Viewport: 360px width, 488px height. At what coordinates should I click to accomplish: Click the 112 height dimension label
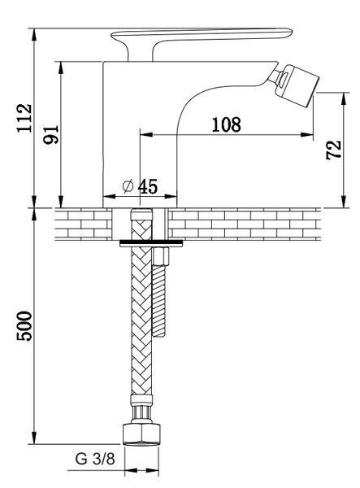tap(24, 118)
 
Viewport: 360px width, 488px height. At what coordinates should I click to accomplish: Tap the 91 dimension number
tap(51, 134)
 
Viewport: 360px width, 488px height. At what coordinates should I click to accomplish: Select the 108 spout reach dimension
tap(227, 124)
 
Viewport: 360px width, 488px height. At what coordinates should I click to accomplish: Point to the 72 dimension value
tap(333, 150)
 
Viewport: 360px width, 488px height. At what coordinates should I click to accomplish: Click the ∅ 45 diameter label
tap(140, 186)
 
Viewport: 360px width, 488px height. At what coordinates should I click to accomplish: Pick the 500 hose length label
tap(24, 326)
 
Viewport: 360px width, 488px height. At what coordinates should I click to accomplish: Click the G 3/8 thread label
tap(95, 459)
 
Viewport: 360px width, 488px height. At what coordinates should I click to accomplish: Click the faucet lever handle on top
tap(202, 41)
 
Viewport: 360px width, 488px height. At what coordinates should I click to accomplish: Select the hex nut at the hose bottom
tap(141, 434)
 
